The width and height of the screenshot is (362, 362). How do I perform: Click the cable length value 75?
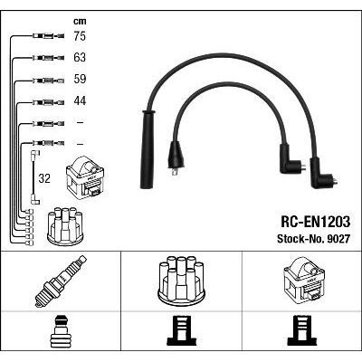[x=80, y=36]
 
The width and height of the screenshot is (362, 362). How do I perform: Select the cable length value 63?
[x=80, y=57]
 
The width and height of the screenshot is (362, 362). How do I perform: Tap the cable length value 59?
[x=80, y=79]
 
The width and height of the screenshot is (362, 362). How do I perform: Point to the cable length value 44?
[x=80, y=100]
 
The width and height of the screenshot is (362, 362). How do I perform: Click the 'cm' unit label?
[x=80, y=21]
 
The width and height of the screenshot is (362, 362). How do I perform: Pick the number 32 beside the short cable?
[x=44, y=178]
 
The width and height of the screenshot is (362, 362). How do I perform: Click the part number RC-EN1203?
[x=316, y=223]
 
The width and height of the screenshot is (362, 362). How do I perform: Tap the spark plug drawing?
[x=61, y=281]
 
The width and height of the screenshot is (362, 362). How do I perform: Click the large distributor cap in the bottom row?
[x=181, y=279]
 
